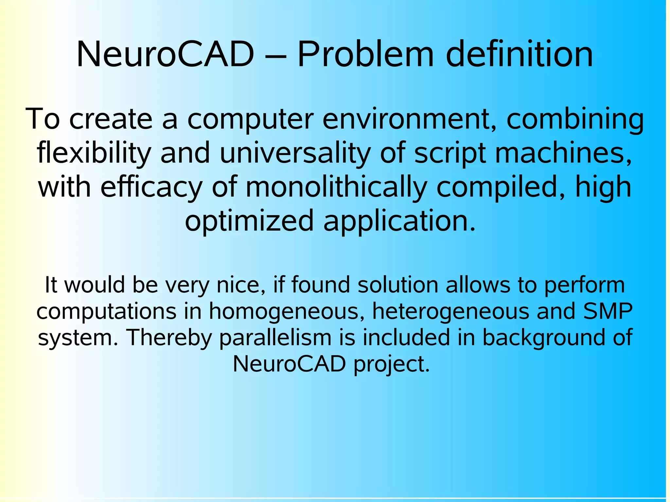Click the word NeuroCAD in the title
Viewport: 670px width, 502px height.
165,54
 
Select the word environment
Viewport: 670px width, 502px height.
410,119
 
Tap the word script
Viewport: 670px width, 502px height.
450,154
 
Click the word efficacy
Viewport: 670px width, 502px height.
151,188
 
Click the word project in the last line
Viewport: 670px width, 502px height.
391,364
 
